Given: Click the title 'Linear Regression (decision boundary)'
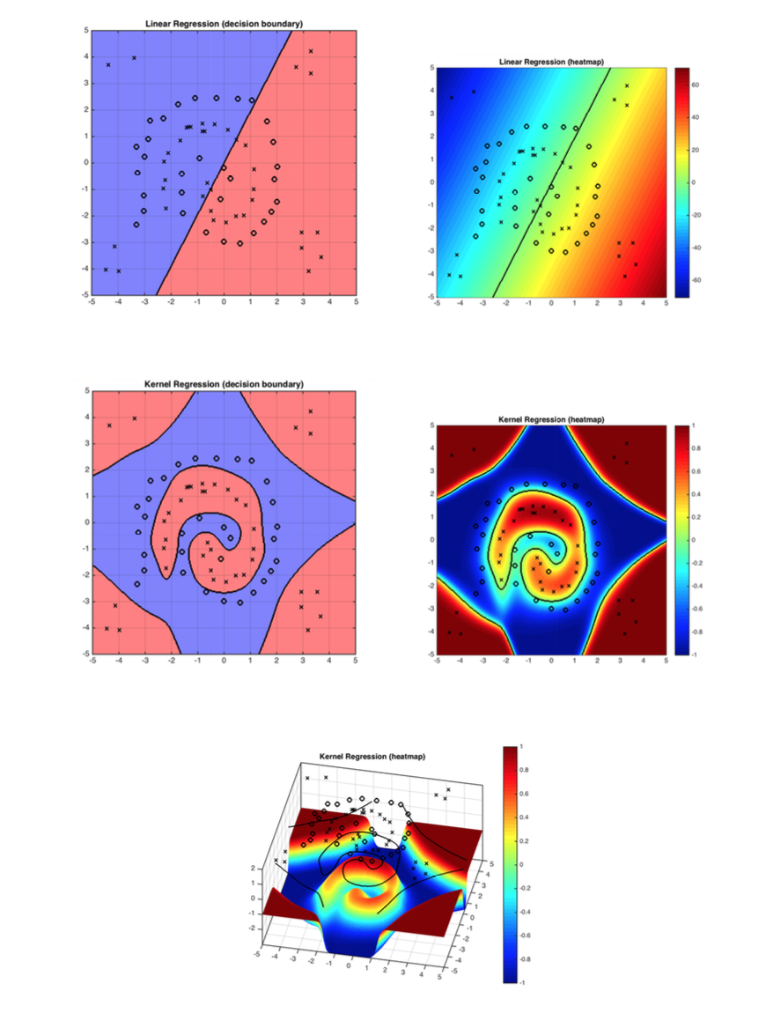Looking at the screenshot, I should pyautogui.click(x=223, y=22).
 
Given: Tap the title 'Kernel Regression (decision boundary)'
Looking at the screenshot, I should pyautogui.click(x=223, y=383).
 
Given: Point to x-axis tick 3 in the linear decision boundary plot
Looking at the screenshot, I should pyautogui.click(x=303, y=302).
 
